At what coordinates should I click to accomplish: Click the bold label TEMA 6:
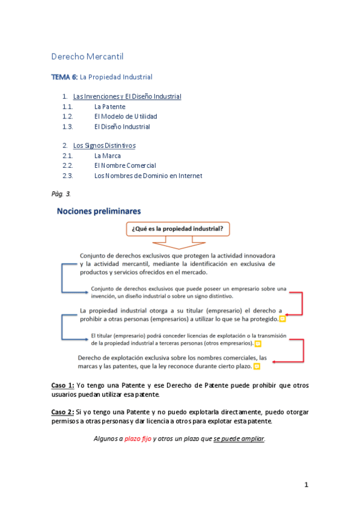click(x=65, y=77)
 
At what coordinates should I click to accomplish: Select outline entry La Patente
click(x=110, y=106)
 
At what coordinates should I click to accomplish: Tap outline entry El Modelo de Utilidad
click(x=126, y=117)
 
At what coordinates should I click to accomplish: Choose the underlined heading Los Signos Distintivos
click(x=104, y=146)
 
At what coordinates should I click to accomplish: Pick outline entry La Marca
click(x=108, y=156)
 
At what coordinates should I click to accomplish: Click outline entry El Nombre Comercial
click(x=125, y=165)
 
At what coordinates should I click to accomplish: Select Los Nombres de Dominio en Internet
click(x=148, y=176)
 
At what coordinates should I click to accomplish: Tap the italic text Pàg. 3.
click(x=61, y=194)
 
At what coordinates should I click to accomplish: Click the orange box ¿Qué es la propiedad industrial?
click(x=179, y=229)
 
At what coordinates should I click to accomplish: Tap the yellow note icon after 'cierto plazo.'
click(x=257, y=366)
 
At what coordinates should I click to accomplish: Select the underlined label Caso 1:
click(x=63, y=385)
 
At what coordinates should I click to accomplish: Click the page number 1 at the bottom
click(x=306, y=485)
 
